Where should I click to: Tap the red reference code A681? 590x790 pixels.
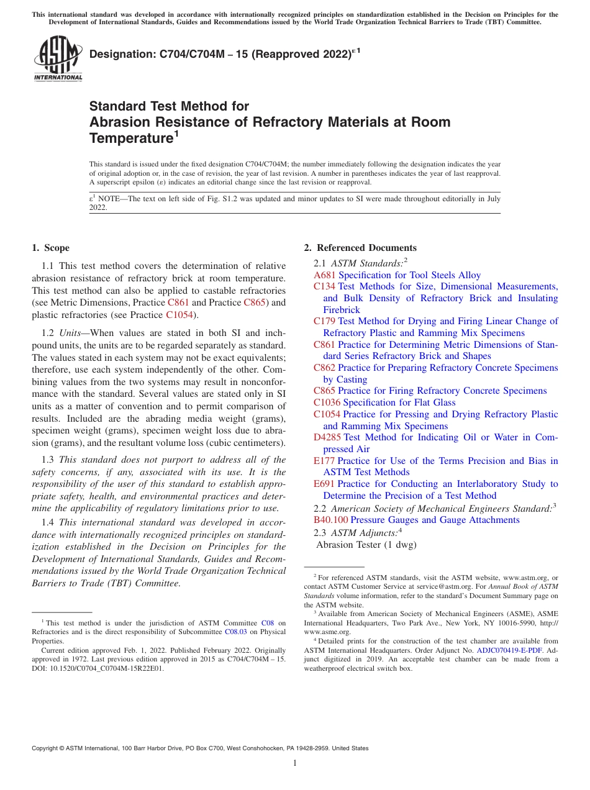point(325,275)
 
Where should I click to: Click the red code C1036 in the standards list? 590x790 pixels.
point(327,402)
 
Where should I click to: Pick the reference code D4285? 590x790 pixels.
point(327,437)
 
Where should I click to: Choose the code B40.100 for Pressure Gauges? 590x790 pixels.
point(331,520)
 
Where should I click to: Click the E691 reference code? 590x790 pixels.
point(324,484)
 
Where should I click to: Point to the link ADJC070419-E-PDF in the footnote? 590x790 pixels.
point(509,650)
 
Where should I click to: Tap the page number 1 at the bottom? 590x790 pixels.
point(295,763)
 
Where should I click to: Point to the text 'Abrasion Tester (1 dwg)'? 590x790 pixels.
point(366,545)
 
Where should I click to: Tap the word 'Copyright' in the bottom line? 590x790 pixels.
point(46,748)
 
